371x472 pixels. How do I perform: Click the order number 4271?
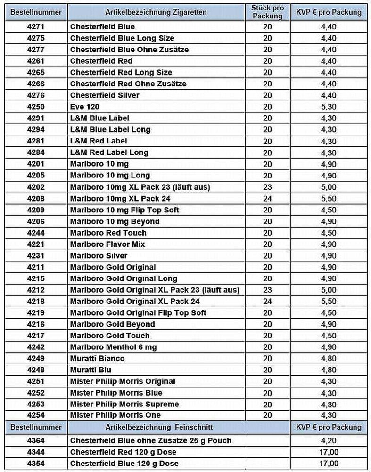(x=36, y=27)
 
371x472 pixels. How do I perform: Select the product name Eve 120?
(x=85, y=107)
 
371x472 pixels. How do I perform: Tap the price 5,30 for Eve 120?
(x=329, y=107)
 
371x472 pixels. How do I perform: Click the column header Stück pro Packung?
(x=267, y=12)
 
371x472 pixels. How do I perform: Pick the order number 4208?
(x=36, y=198)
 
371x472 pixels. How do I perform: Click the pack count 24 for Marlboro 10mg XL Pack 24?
(x=267, y=198)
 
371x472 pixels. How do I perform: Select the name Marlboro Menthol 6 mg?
(x=114, y=347)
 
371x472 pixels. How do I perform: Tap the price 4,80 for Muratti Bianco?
(x=329, y=358)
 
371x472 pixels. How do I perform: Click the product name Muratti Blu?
(x=91, y=370)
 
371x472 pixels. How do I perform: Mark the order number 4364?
(x=36, y=441)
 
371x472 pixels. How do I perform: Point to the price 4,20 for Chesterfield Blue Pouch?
(x=329, y=441)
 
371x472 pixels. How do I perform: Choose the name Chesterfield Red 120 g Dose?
(x=124, y=452)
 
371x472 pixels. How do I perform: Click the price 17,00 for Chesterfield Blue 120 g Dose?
(x=329, y=464)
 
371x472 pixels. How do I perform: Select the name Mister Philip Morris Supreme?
(x=125, y=404)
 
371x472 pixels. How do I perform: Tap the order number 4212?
(x=36, y=290)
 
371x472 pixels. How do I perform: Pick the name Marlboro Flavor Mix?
(x=107, y=244)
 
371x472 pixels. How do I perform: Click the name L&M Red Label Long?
(x=109, y=152)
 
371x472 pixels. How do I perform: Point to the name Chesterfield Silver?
(x=105, y=95)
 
